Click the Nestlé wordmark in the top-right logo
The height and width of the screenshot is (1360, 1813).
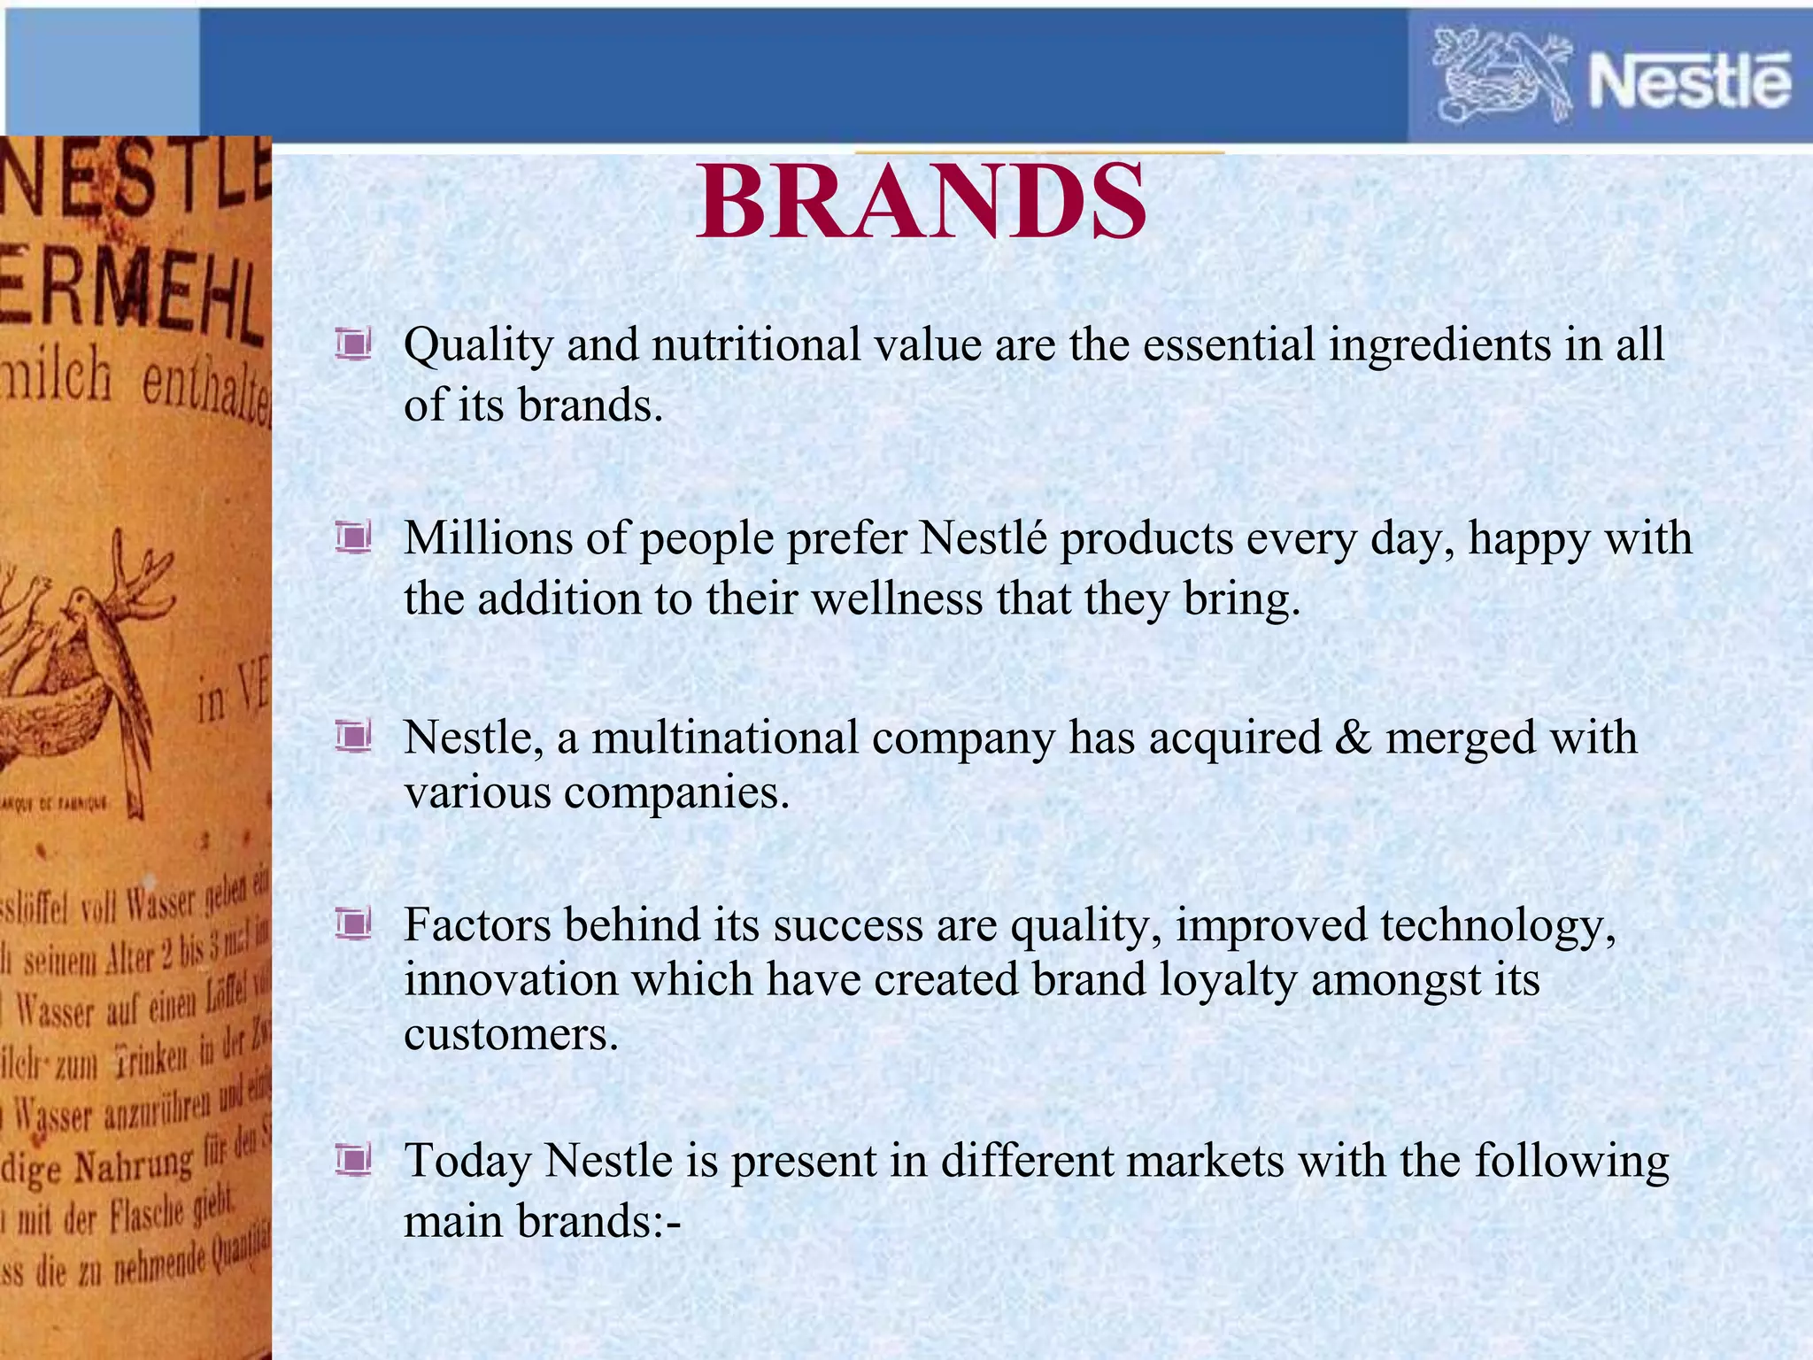[1689, 81]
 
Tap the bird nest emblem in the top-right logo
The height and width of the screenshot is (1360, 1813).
[1501, 76]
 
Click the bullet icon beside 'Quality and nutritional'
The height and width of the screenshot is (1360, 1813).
[352, 344]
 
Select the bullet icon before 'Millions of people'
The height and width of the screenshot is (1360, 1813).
[352, 537]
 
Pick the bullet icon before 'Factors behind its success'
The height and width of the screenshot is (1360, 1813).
[352, 925]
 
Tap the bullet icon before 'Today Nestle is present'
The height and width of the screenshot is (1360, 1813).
[352, 1160]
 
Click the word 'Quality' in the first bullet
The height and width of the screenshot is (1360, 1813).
[477, 345]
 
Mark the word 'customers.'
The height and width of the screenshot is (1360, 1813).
[511, 1034]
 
